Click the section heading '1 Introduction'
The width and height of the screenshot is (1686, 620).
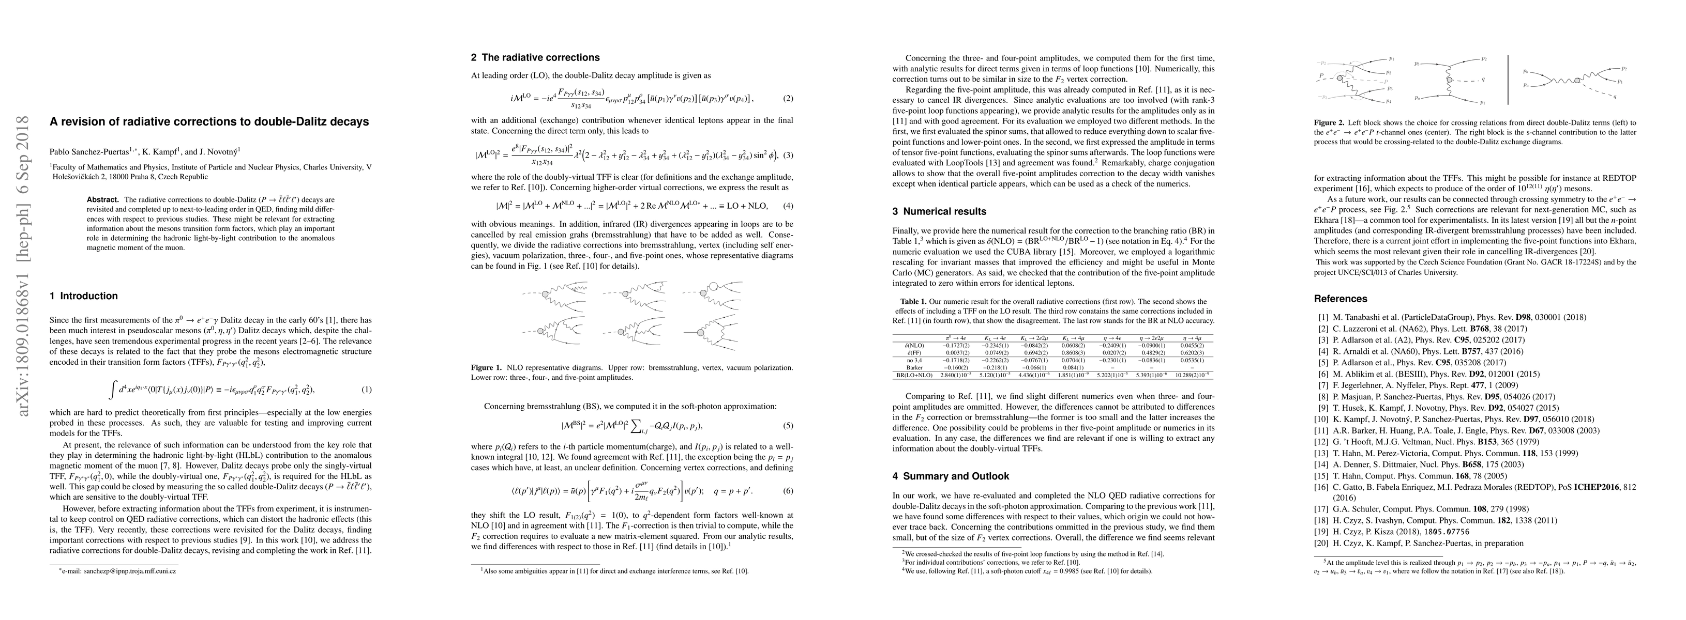[x=84, y=296]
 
